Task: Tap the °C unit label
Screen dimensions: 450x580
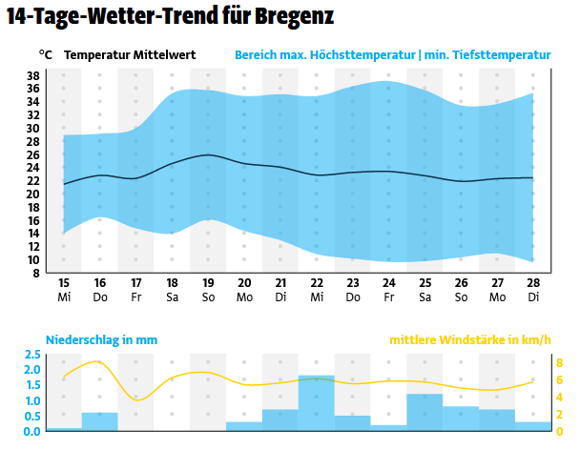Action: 46,54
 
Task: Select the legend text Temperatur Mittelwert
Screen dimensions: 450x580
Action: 130,54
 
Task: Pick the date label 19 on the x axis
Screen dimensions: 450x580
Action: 208,283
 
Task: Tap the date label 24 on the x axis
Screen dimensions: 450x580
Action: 389,283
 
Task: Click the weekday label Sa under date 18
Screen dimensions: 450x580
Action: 172,297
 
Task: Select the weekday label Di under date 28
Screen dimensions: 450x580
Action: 534,297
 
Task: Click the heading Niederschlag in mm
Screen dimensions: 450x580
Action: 102,339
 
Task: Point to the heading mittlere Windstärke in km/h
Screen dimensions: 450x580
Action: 470,339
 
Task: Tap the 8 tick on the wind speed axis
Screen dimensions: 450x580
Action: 560,362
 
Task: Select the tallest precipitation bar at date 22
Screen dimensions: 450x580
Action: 317,404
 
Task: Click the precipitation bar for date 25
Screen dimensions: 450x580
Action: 425,413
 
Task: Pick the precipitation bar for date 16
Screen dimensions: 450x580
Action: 99,422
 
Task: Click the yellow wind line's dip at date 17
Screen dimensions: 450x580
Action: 136,399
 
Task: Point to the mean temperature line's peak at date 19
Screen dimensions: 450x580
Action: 208,154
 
